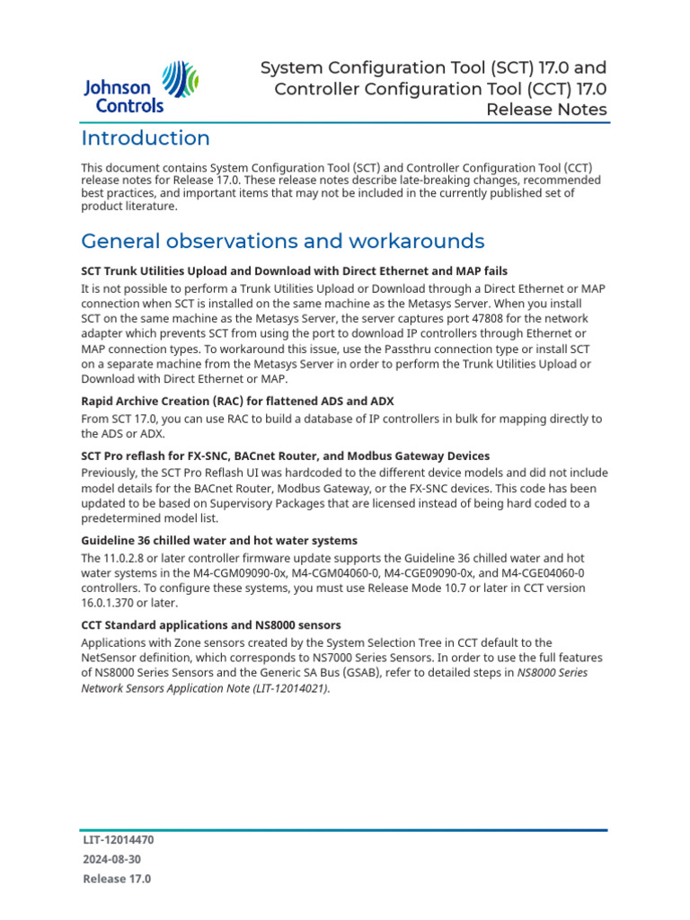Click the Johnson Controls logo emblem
point(181,85)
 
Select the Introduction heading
point(146,138)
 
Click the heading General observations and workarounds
point(282,241)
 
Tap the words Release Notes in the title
point(546,110)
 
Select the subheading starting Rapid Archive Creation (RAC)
point(237,401)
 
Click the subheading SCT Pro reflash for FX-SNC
point(285,456)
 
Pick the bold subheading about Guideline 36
point(219,541)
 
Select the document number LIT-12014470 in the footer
point(118,840)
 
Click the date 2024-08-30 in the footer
point(111,860)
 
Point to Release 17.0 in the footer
point(117,880)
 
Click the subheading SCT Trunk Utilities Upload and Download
point(294,270)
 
